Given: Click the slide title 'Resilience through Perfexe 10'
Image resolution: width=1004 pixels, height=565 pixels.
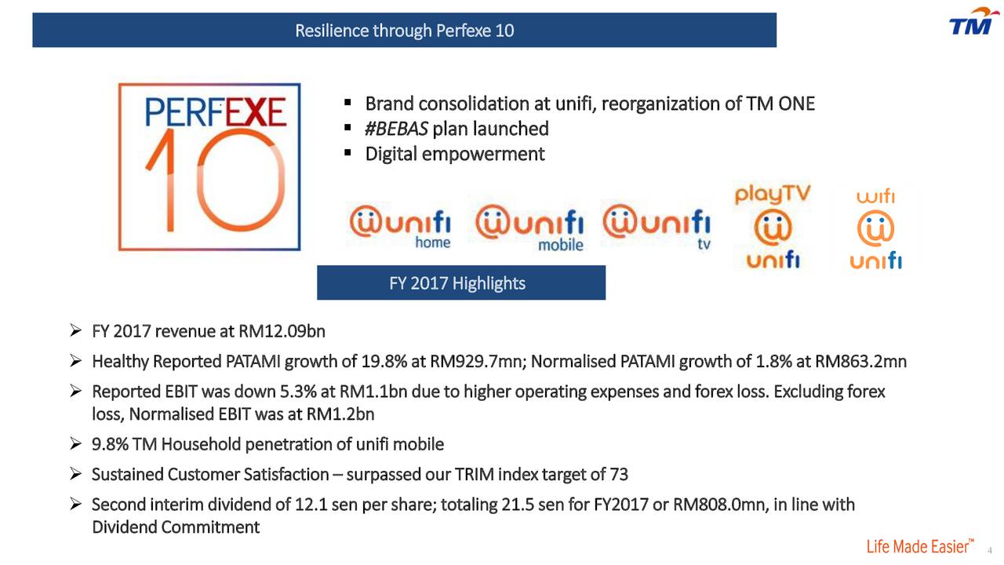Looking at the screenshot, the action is point(404,31).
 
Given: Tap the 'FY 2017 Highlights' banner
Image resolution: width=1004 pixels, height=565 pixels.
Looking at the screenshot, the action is point(461,282).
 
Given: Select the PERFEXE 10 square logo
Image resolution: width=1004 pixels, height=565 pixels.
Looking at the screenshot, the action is point(209,167).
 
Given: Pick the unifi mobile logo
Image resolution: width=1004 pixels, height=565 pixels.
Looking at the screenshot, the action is point(529,228).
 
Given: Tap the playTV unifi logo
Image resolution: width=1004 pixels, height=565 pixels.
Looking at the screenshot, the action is point(773,227).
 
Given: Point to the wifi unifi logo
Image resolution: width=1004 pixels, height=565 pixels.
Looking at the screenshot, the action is point(875,228).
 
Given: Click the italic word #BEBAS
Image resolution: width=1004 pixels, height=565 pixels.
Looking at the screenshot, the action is point(396,129).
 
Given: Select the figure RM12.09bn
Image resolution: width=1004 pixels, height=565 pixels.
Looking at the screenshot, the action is point(282,331).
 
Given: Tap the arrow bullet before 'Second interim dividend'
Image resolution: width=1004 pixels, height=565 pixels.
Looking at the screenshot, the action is point(76,505).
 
